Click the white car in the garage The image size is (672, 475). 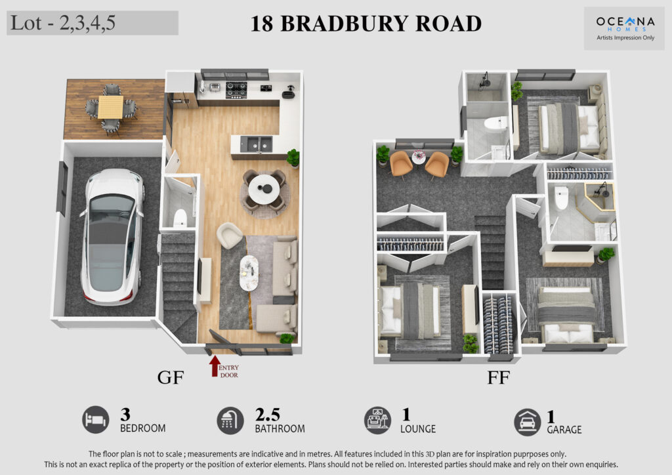(113, 236)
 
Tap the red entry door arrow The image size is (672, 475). (215, 366)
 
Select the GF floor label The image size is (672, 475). (171, 377)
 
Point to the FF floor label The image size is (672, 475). (499, 377)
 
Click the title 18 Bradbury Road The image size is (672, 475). (366, 24)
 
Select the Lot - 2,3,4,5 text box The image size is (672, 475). (93, 23)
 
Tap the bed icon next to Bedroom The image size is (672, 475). (96, 420)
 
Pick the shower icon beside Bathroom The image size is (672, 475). (230, 421)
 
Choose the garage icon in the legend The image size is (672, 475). (527, 423)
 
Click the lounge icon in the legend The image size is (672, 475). (377, 421)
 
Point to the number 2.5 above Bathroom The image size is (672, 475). (268, 415)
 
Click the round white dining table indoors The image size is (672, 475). (264, 190)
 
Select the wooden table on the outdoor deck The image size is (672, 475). (110, 107)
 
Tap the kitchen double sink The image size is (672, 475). (256, 144)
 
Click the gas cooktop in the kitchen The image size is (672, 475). (236, 90)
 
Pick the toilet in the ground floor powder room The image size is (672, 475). (180, 218)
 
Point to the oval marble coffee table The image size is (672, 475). (249, 273)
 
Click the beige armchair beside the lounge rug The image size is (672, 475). (229, 235)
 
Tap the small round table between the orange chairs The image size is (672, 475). (418, 156)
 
